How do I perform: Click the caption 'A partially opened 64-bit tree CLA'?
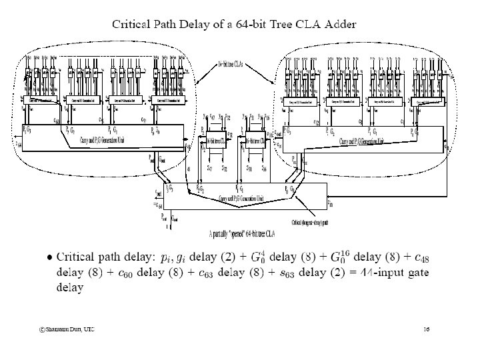click(x=239, y=234)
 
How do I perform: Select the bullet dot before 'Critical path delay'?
click(x=48, y=257)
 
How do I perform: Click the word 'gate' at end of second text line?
click(x=419, y=273)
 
